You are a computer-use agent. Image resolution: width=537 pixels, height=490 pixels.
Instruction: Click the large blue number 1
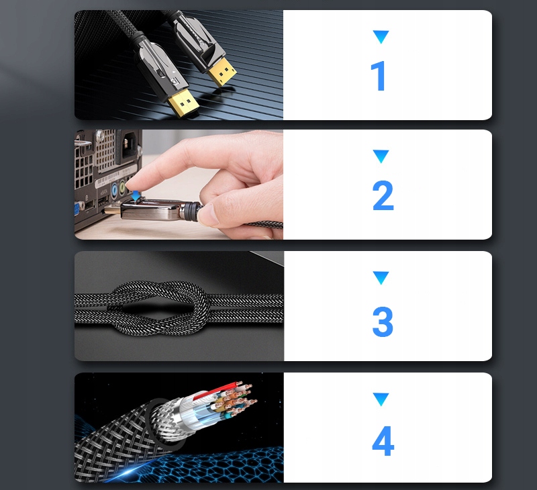(379, 77)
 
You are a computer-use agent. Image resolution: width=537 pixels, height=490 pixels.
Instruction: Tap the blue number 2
(383, 196)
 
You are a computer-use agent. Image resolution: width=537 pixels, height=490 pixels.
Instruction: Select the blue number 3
(383, 322)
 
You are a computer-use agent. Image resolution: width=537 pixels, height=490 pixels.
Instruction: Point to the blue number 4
(383, 441)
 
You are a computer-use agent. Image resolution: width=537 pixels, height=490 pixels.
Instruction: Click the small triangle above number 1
(381, 37)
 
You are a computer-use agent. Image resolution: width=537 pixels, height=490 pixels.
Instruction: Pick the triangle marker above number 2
(381, 157)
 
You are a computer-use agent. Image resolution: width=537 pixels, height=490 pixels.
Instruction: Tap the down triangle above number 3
(381, 277)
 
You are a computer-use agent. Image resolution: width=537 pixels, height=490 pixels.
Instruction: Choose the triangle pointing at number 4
(381, 399)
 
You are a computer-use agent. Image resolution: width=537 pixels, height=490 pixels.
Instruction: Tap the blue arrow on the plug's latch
(138, 195)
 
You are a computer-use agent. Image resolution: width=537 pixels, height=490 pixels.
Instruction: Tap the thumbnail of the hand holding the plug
(179, 185)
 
